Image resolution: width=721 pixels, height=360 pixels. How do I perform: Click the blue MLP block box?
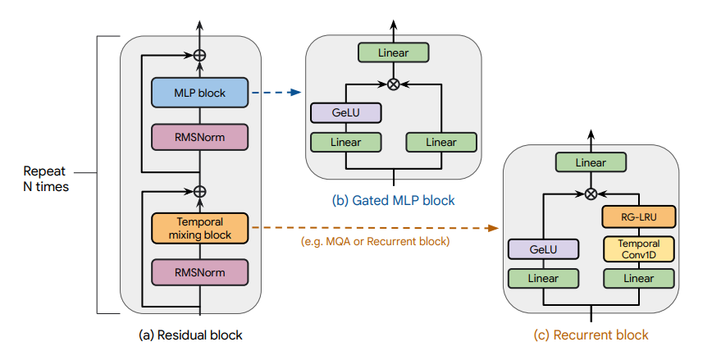200,93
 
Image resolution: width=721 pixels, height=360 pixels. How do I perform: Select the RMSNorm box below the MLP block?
200,137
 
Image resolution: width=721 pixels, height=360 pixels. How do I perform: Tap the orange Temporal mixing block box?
200,228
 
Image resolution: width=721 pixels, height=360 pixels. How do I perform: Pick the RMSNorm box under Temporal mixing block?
200,271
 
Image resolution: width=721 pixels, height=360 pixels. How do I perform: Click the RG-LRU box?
639,216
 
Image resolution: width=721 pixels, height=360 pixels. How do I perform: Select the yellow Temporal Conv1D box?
639,248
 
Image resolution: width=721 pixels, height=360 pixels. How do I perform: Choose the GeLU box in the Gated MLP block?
346,112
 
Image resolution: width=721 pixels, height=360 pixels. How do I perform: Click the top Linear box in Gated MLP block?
394,53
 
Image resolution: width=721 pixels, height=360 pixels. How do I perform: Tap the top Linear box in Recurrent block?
590,162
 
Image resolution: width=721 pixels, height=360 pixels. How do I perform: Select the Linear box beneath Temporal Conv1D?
639,278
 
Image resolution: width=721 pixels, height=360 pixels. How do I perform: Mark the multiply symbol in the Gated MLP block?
394,84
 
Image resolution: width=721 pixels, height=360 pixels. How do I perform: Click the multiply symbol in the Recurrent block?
590,194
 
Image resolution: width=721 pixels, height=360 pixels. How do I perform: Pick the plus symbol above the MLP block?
199,56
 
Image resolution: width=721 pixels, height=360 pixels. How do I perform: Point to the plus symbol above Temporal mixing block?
199,191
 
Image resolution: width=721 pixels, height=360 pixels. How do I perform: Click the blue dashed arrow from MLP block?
274,93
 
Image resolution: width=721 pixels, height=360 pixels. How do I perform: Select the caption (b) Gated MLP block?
394,200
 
